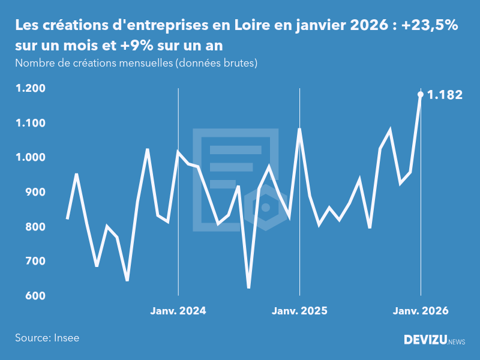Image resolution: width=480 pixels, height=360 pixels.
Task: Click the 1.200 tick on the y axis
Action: click(x=30, y=89)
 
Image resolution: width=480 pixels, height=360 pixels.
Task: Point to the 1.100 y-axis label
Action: click(x=30, y=123)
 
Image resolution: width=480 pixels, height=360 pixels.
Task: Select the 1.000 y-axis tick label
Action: click(x=30, y=158)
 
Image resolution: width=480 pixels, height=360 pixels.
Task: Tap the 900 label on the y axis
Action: click(x=35, y=192)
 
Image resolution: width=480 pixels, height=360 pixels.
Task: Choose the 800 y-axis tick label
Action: click(x=35, y=227)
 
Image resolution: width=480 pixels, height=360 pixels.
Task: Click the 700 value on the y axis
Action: click(x=35, y=262)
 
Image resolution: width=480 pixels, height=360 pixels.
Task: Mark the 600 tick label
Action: click(x=35, y=296)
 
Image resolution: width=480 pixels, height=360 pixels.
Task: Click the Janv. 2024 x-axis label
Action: click(x=178, y=311)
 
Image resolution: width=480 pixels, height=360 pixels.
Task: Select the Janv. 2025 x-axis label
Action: click(x=299, y=311)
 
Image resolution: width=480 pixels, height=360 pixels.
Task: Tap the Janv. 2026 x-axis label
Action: click(x=420, y=311)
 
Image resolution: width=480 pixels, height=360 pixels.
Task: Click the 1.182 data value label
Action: click(x=445, y=95)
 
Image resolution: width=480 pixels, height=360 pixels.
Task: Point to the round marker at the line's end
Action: click(x=421, y=94)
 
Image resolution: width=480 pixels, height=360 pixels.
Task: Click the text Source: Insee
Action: click(x=47, y=338)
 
